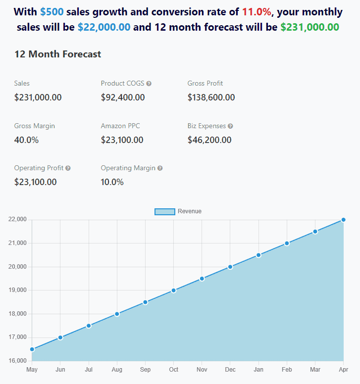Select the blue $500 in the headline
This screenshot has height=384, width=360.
pos(52,12)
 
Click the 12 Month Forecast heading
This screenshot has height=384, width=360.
pos(57,54)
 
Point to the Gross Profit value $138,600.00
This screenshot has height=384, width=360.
pos(211,97)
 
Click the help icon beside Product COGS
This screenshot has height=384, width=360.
pos(149,84)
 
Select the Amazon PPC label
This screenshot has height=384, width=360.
pos(120,126)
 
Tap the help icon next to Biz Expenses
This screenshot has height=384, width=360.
pos(230,126)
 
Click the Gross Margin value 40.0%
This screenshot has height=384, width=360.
pos(26,140)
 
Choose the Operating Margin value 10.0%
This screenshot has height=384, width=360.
pos(112,182)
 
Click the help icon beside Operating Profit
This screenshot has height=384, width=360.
pos(68,168)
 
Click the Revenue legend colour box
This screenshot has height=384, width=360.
pos(165,212)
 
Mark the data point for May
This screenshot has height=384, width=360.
pos(32,349)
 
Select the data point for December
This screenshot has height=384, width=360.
pos(230,267)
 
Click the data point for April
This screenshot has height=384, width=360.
pos(343,220)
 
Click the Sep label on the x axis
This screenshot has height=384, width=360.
pos(145,370)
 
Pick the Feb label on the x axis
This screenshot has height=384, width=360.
pos(287,370)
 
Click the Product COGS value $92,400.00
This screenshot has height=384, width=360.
pos(123,97)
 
